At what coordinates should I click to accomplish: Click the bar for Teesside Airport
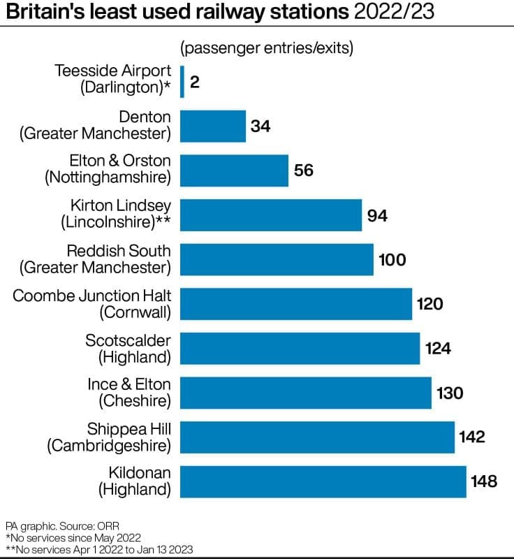(182, 81)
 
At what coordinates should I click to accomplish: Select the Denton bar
(213, 126)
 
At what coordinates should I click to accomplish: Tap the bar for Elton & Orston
(235, 170)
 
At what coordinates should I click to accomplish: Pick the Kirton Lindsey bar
(271, 215)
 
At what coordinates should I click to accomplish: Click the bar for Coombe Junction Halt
(296, 304)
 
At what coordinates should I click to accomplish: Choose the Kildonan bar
(323, 481)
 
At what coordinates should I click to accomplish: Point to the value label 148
(484, 481)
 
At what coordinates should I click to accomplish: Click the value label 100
(392, 260)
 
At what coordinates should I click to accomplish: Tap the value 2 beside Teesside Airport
(195, 82)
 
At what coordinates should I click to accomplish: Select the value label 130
(450, 393)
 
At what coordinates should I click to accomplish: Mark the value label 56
(304, 170)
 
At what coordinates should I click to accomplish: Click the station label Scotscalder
(128, 340)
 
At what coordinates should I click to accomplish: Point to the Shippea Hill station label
(128, 429)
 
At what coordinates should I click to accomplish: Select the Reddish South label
(118, 251)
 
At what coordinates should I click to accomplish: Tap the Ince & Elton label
(128, 384)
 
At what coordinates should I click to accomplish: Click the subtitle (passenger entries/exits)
(267, 48)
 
